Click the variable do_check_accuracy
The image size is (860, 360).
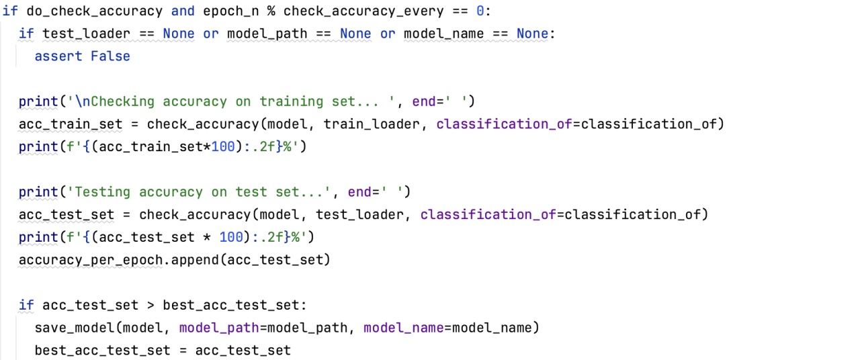point(94,11)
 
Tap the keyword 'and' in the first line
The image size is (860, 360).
point(183,11)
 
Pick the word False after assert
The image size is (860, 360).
point(110,56)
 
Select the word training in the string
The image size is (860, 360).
point(292,101)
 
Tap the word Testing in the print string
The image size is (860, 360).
point(103,192)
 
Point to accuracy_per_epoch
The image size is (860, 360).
point(90,260)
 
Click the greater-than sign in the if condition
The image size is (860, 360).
point(150,306)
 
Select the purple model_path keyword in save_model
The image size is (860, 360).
point(219,328)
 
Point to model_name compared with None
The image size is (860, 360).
point(444,34)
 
